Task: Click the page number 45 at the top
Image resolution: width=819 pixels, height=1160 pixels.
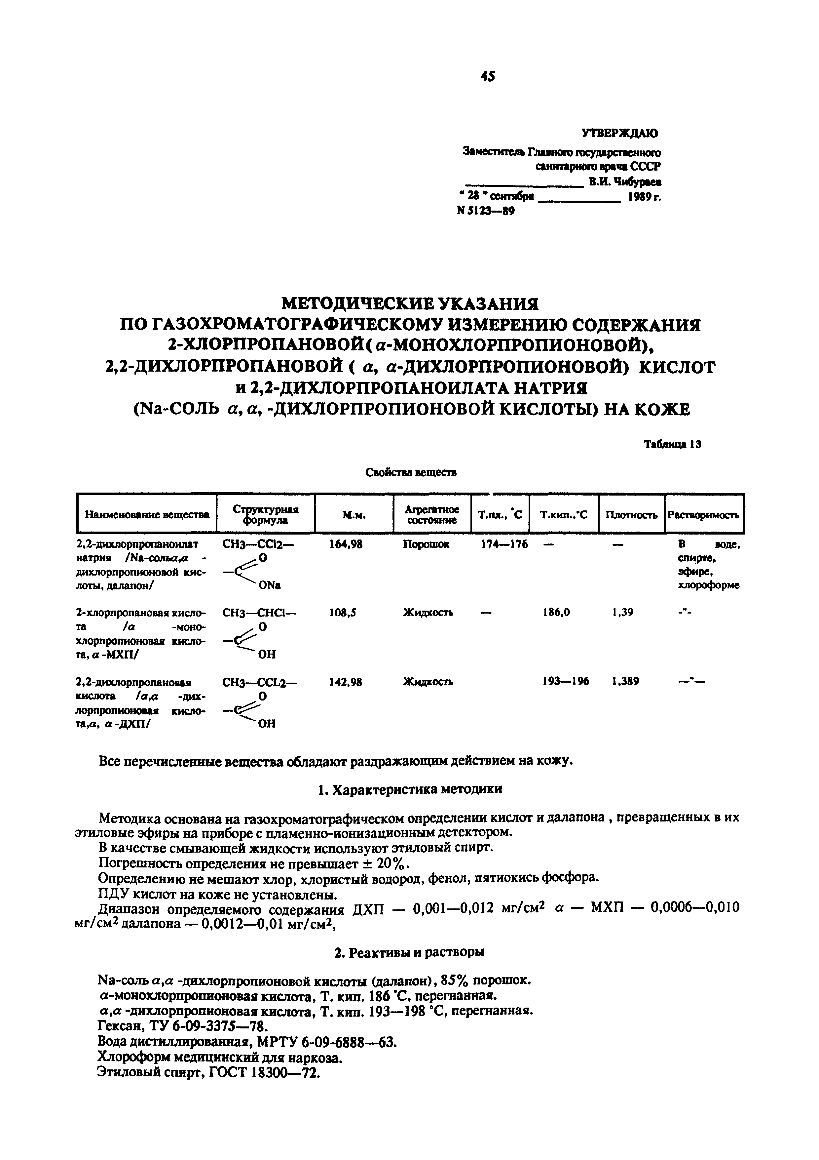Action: click(x=488, y=76)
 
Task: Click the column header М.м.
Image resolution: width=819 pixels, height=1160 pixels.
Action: click(x=354, y=515)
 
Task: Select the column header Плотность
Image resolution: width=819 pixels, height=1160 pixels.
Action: click(x=631, y=515)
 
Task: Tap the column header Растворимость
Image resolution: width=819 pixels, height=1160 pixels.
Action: click(x=703, y=515)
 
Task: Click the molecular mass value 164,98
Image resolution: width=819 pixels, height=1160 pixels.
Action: click(x=346, y=544)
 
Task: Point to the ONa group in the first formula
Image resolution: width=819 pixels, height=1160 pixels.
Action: click(x=269, y=585)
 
